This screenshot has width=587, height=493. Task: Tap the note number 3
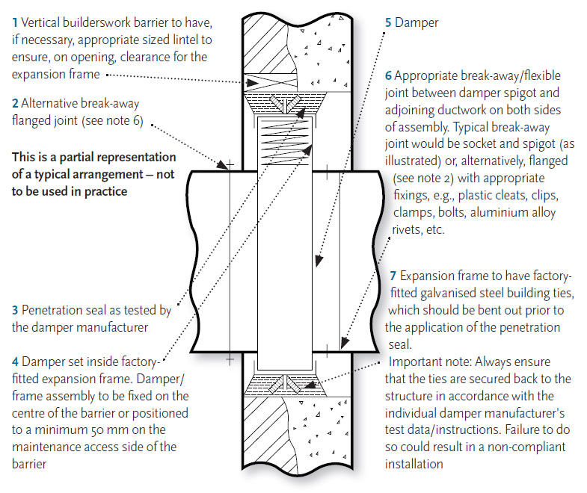[16, 309]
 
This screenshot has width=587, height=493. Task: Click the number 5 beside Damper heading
[388, 22]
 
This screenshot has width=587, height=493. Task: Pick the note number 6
[388, 76]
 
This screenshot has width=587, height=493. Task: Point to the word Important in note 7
[414, 362]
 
